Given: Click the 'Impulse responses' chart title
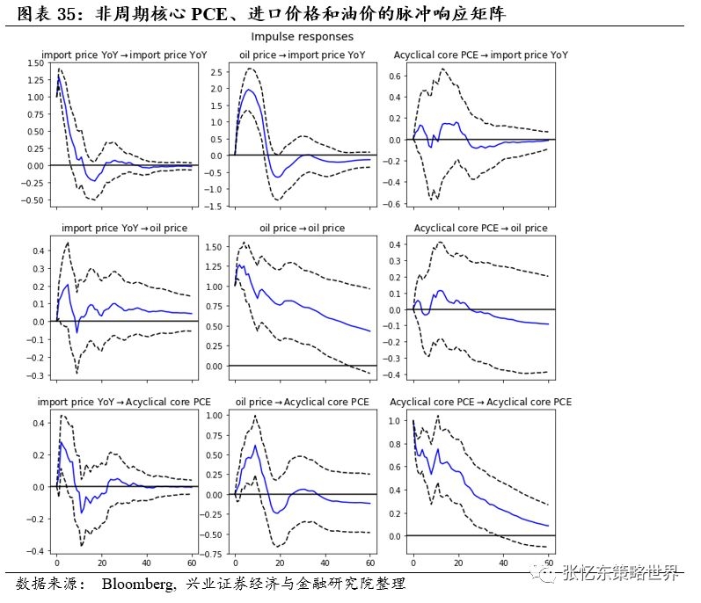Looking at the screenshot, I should tap(302, 37).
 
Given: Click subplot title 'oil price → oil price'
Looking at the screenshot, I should tap(302, 229).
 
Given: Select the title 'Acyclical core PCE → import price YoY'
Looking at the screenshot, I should tap(480, 54).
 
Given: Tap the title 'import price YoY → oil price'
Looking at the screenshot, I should tap(124, 229).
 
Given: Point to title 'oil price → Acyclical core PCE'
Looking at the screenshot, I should tap(303, 402).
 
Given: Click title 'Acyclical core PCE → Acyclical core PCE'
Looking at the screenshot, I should tap(480, 402).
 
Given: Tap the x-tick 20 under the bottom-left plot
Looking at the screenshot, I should tap(102, 563).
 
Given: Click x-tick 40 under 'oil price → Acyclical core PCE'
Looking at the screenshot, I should tap(325, 563).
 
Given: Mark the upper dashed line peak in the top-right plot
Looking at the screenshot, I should tap(443, 69).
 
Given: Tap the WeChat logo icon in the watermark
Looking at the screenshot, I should tap(551, 574).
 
